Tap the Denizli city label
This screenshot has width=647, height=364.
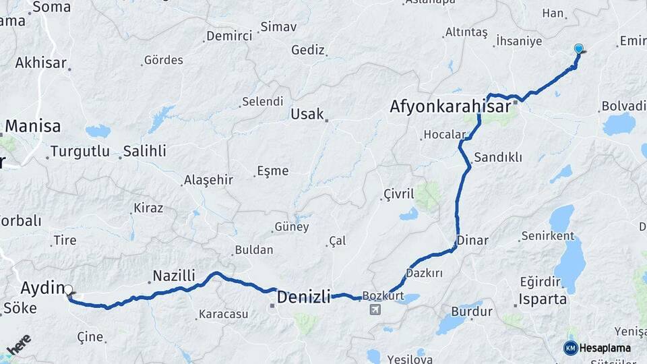click(304, 297)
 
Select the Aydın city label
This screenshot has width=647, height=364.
click(42, 288)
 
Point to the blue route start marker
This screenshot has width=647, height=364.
click(578, 49)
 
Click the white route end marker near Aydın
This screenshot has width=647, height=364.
click(68, 291)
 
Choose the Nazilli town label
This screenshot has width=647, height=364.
click(174, 276)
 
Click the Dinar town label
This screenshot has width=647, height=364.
click(472, 240)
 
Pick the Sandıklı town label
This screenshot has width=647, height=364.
click(498, 157)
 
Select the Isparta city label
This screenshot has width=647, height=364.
click(543, 299)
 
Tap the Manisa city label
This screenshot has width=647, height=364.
click(33, 126)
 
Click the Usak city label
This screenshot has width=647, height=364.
click(307, 114)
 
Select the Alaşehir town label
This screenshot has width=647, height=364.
click(208, 180)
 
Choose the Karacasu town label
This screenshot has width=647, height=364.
click(223, 314)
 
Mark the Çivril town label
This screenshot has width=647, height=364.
click(398, 194)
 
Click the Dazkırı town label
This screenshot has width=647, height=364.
click(424, 273)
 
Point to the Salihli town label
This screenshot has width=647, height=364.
click(144, 151)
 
